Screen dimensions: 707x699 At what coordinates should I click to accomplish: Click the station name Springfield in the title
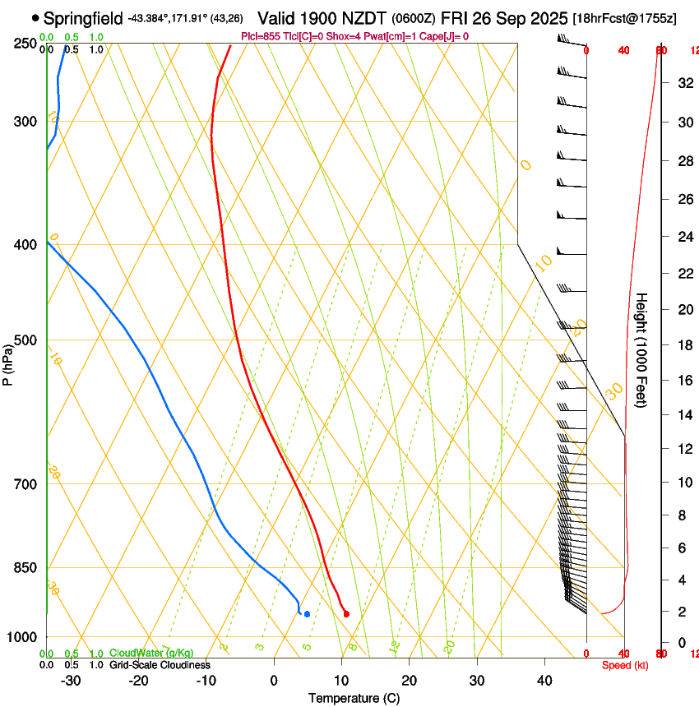[x=83, y=17]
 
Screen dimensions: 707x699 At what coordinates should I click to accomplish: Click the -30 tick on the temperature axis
[x=72, y=681]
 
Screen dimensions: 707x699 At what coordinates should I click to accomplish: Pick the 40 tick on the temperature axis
[x=544, y=681]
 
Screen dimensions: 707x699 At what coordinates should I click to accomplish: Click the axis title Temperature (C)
[x=354, y=699]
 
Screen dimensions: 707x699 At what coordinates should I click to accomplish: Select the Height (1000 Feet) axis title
[x=642, y=350]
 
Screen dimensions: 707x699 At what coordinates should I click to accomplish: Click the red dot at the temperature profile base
[x=346, y=614]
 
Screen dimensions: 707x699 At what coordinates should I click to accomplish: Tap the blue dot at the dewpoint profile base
[x=307, y=614]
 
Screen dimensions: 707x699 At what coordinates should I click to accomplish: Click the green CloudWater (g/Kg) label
[x=151, y=653]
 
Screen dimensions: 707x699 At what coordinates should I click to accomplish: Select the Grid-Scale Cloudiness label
[x=160, y=665]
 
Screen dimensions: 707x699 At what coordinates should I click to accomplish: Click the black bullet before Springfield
[x=35, y=17]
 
